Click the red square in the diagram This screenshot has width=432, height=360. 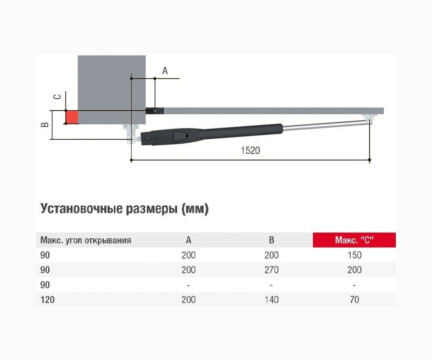pos(72,117)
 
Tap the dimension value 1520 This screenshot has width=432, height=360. pos(250,151)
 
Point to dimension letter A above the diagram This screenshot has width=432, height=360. pos(165,71)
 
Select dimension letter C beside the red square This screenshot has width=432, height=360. pos(57,97)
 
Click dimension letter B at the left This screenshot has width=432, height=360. pos(45,124)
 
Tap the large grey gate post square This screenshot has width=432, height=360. pos(112,90)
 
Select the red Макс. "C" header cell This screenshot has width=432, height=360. pos(354,240)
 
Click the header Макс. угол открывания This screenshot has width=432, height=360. pos(85,240)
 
